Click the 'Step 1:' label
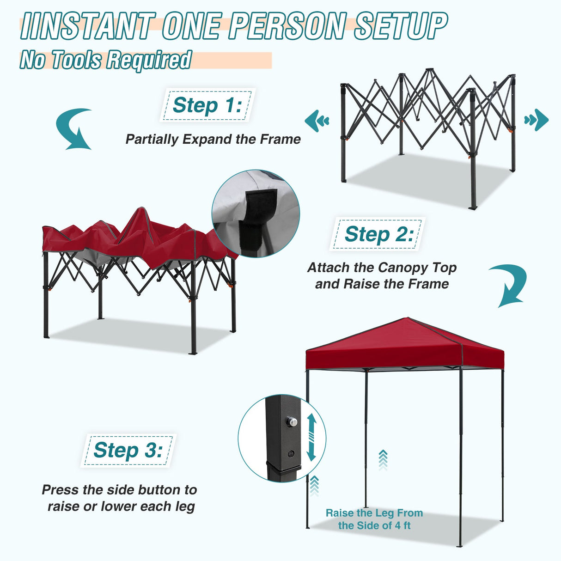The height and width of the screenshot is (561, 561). tap(207, 105)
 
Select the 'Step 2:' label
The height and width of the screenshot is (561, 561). tap(378, 234)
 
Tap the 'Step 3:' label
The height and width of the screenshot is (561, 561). tap(128, 450)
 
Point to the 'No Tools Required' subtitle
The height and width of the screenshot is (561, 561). tap(105, 60)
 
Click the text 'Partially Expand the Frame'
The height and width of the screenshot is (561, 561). tap(213, 139)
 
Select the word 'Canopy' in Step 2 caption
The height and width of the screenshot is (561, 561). tap(403, 268)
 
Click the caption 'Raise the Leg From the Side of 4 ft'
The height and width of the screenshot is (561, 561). tap(374, 519)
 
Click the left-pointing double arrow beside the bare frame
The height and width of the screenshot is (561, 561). tap(317, 121)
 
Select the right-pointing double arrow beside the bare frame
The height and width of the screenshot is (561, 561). tap(537, 120)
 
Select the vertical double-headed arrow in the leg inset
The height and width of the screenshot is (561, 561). tap(311, 437)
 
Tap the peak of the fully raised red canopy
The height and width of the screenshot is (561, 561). tap(407, 318)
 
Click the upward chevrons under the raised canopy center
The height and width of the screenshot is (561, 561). tap(383, 460)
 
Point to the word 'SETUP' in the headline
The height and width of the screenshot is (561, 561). tap(401, 26)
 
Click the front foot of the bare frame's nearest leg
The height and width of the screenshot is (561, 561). tap(472, 208)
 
